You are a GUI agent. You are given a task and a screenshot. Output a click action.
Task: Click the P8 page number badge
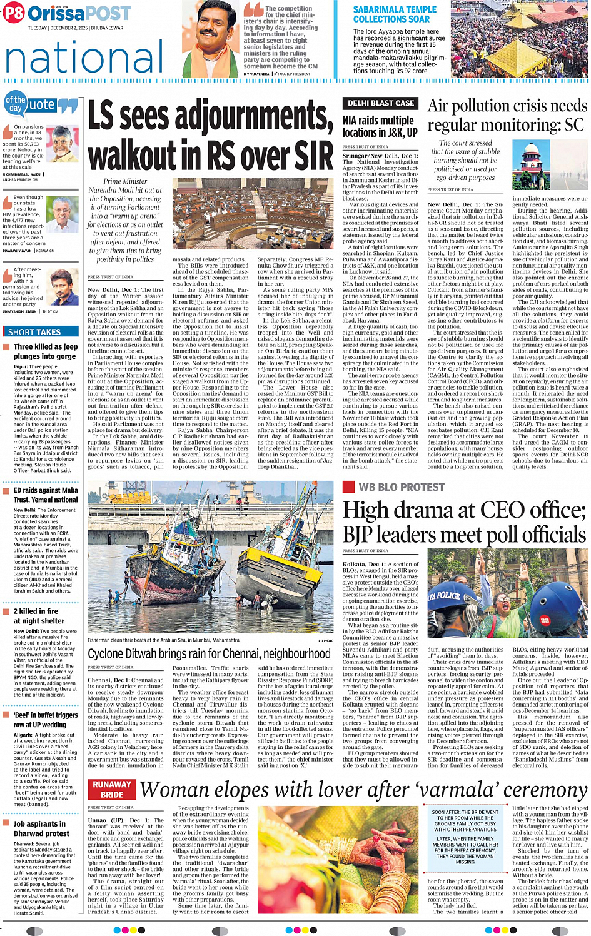click(13, 13)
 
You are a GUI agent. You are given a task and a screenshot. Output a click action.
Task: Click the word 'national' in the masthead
click(84, 58)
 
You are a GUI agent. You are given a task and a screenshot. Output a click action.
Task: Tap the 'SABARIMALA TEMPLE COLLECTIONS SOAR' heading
click(395, 14)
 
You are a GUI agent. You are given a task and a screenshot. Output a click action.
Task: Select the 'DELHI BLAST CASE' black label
click(380, 103)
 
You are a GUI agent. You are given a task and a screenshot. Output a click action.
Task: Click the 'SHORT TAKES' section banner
click(35, 332)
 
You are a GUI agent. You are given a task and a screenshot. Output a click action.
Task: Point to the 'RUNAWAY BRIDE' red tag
click(112, 789)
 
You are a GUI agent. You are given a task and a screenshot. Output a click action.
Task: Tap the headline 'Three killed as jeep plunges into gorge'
click(46, 351)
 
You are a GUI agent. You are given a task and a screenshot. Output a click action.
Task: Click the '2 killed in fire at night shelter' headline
click(39, 616)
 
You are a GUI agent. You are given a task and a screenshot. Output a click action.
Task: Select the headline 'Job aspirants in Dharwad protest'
click(41, 828)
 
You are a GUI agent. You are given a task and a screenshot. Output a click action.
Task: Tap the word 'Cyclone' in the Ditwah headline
click(113, 654)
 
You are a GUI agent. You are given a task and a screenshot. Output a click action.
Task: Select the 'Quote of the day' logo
click(41, 104)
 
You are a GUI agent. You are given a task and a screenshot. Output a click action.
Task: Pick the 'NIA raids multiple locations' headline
click(380, 126)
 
